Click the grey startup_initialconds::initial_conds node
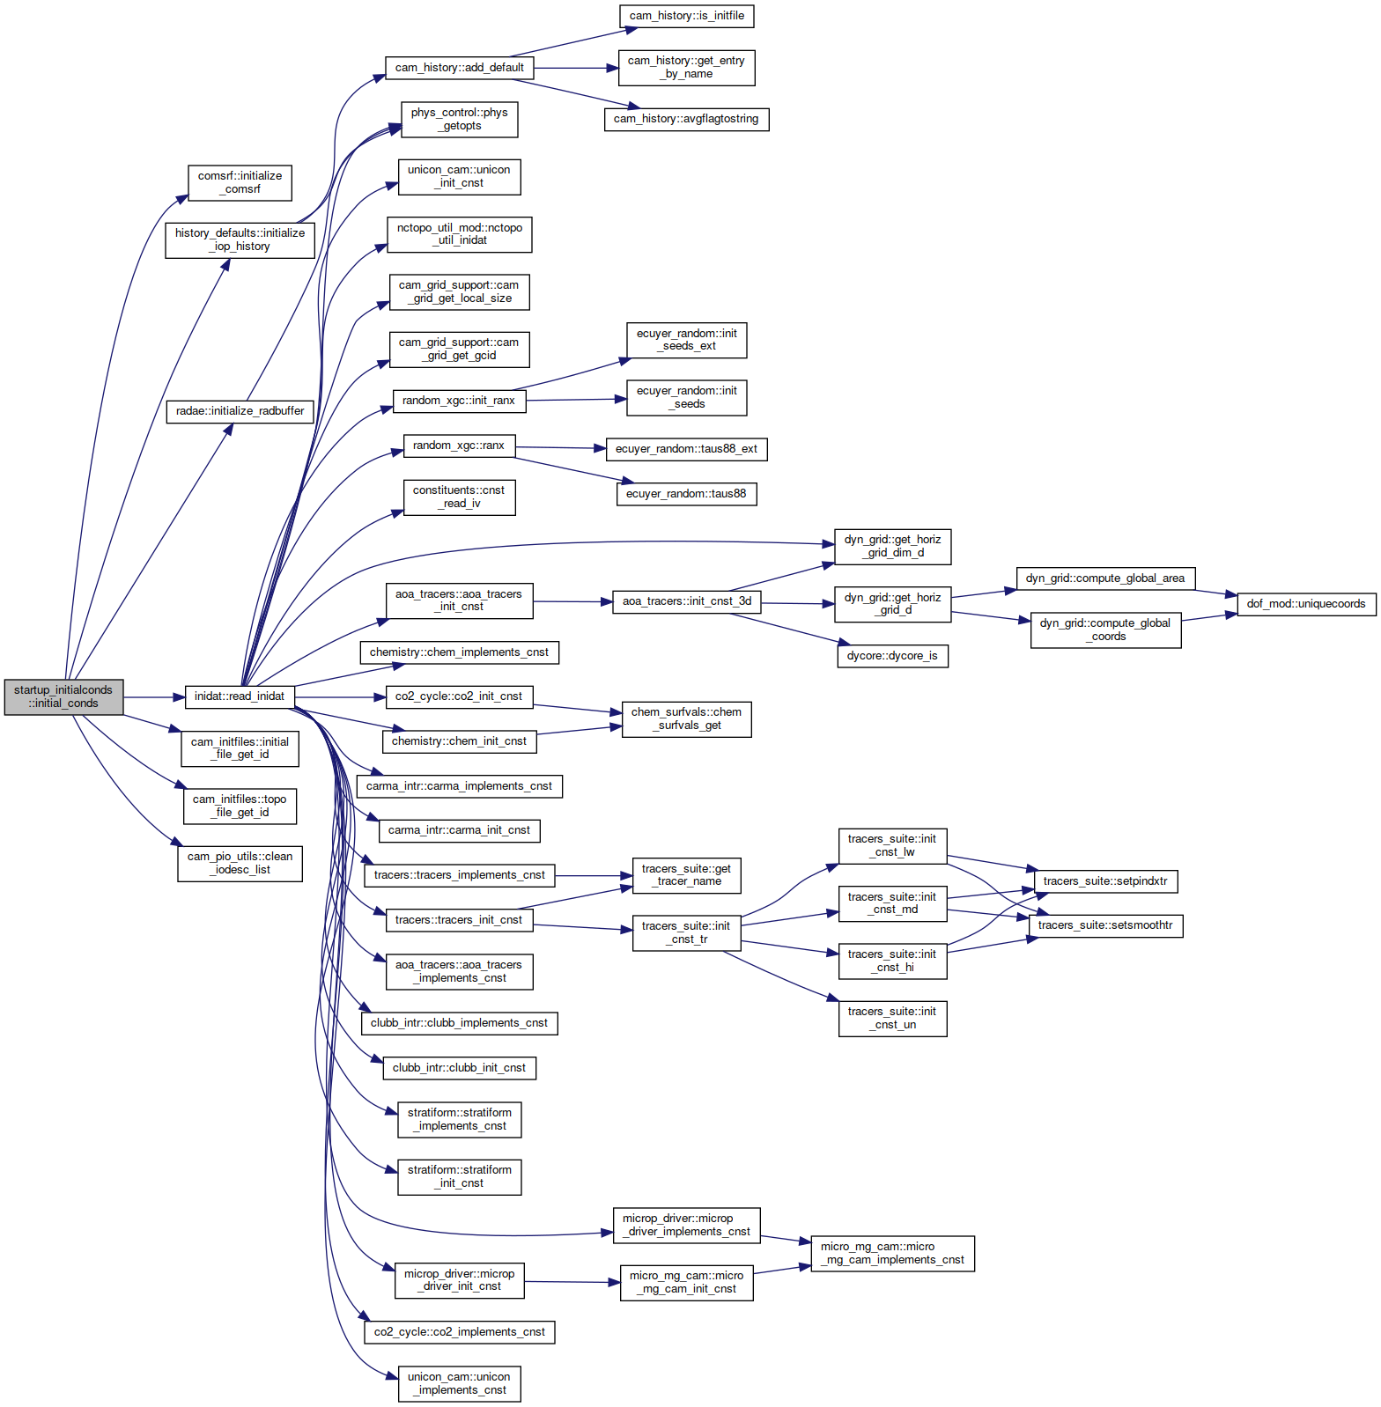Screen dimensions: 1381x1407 click(x=63, y=696)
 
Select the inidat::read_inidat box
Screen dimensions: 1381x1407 click(x=240, y=696)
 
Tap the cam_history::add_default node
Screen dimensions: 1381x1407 click(x=460, y=68)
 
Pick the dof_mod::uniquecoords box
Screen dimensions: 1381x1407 click(x=1306, y=604)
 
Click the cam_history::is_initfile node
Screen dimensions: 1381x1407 click(x=687, y=16)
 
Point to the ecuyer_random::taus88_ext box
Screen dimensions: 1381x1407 click(x=686, y=449)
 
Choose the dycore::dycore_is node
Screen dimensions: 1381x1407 click(x=892, y=656)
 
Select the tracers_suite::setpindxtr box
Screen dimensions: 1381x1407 click(x=1105, y=881)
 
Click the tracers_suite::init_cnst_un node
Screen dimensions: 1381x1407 click(x=892, y=1018)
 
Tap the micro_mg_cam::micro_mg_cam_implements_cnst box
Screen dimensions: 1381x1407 click(x=892, y=1253)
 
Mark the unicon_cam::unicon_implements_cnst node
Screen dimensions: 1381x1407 click(x=459, y=1383)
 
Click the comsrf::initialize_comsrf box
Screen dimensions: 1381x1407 click(x=240, y=182)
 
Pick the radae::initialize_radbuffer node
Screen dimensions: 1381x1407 click(x=240, y=411)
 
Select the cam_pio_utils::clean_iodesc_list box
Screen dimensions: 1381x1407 click(x=240, y=863)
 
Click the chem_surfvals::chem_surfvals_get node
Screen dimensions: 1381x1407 click(x=686, y=718)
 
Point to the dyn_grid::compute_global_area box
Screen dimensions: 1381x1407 click(x=1105, y=578)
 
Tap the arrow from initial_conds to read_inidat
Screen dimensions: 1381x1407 click(x=154, y=696)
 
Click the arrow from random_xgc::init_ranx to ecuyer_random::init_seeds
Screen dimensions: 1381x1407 click(x=576, y=400)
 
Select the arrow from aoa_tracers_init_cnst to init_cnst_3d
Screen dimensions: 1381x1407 click(x=573, y=602)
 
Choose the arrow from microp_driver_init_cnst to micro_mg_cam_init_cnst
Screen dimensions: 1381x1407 click(x=572, y=1282)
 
